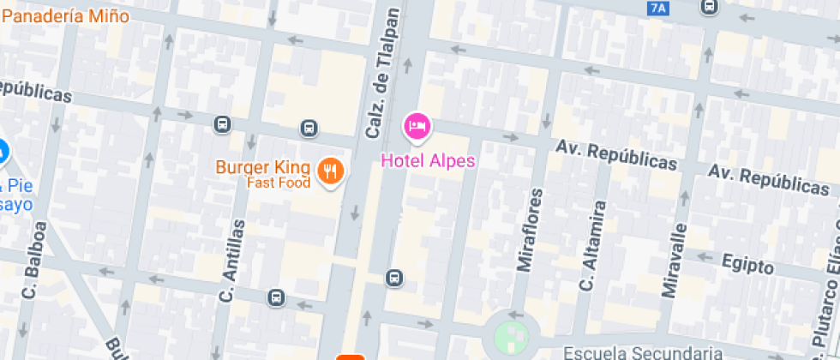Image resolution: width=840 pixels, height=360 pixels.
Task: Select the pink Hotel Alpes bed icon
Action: click(417, 127)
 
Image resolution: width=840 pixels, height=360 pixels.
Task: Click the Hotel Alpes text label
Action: click(428, 160)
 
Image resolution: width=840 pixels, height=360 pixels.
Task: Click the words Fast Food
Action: click(279, 183)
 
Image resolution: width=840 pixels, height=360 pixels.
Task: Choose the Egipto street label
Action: click(747, 263)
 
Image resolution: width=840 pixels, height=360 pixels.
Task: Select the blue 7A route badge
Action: click(657, 8)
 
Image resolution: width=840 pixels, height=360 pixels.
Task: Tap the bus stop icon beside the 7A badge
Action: click(709, 7)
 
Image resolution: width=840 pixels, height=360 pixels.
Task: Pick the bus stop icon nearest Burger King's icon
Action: click(309, 129)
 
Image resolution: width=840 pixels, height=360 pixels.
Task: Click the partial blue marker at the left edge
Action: click(3, 153)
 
